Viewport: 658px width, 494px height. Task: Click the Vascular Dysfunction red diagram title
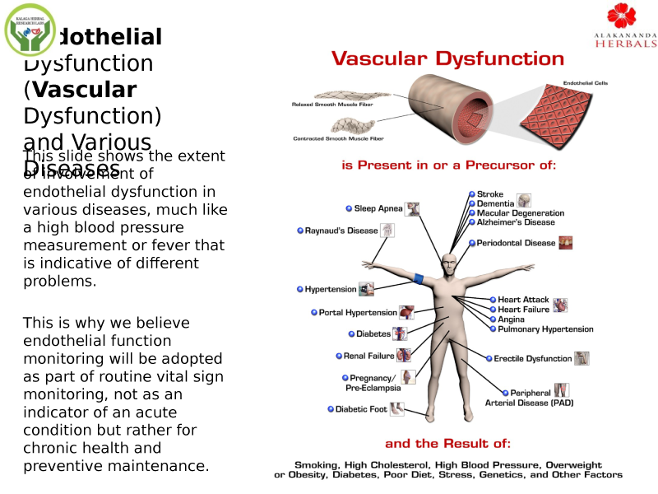[x=447, y=58]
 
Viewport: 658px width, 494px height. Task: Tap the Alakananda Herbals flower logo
[x=622, y=16]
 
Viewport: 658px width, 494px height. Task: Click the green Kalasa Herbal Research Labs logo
[x=30, y=29]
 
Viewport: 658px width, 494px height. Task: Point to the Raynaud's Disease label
[x=341, y=231]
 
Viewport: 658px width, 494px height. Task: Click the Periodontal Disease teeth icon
[x=565, y=243]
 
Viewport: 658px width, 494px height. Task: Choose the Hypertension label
[x=331, y=289]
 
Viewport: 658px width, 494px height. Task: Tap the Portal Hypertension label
[x=358, y=313]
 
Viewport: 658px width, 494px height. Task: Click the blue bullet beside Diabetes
[x=350, y=334]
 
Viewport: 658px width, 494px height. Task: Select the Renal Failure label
[x=368, y=357]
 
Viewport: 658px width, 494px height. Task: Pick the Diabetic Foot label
[x=361, y=409]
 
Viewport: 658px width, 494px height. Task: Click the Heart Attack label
[x=523, y=300]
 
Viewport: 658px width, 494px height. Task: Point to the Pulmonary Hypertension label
[x=545, y=329]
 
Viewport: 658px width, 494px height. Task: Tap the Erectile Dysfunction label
[x=532, y=359]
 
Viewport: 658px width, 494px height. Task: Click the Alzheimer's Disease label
[x=516, y=222]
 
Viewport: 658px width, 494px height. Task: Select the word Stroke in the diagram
[x=490, y=194]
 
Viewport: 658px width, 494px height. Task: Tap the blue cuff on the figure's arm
[x=419, y=278]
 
